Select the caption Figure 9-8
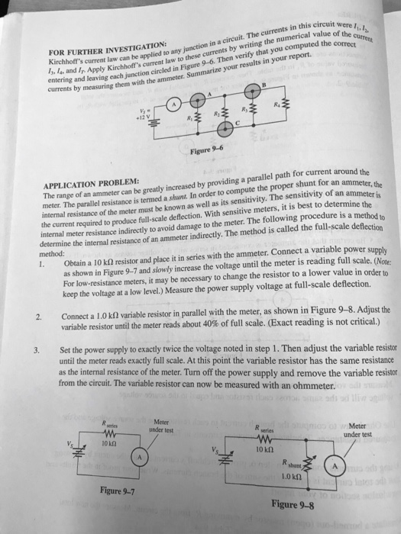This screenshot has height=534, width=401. pos(291,504)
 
